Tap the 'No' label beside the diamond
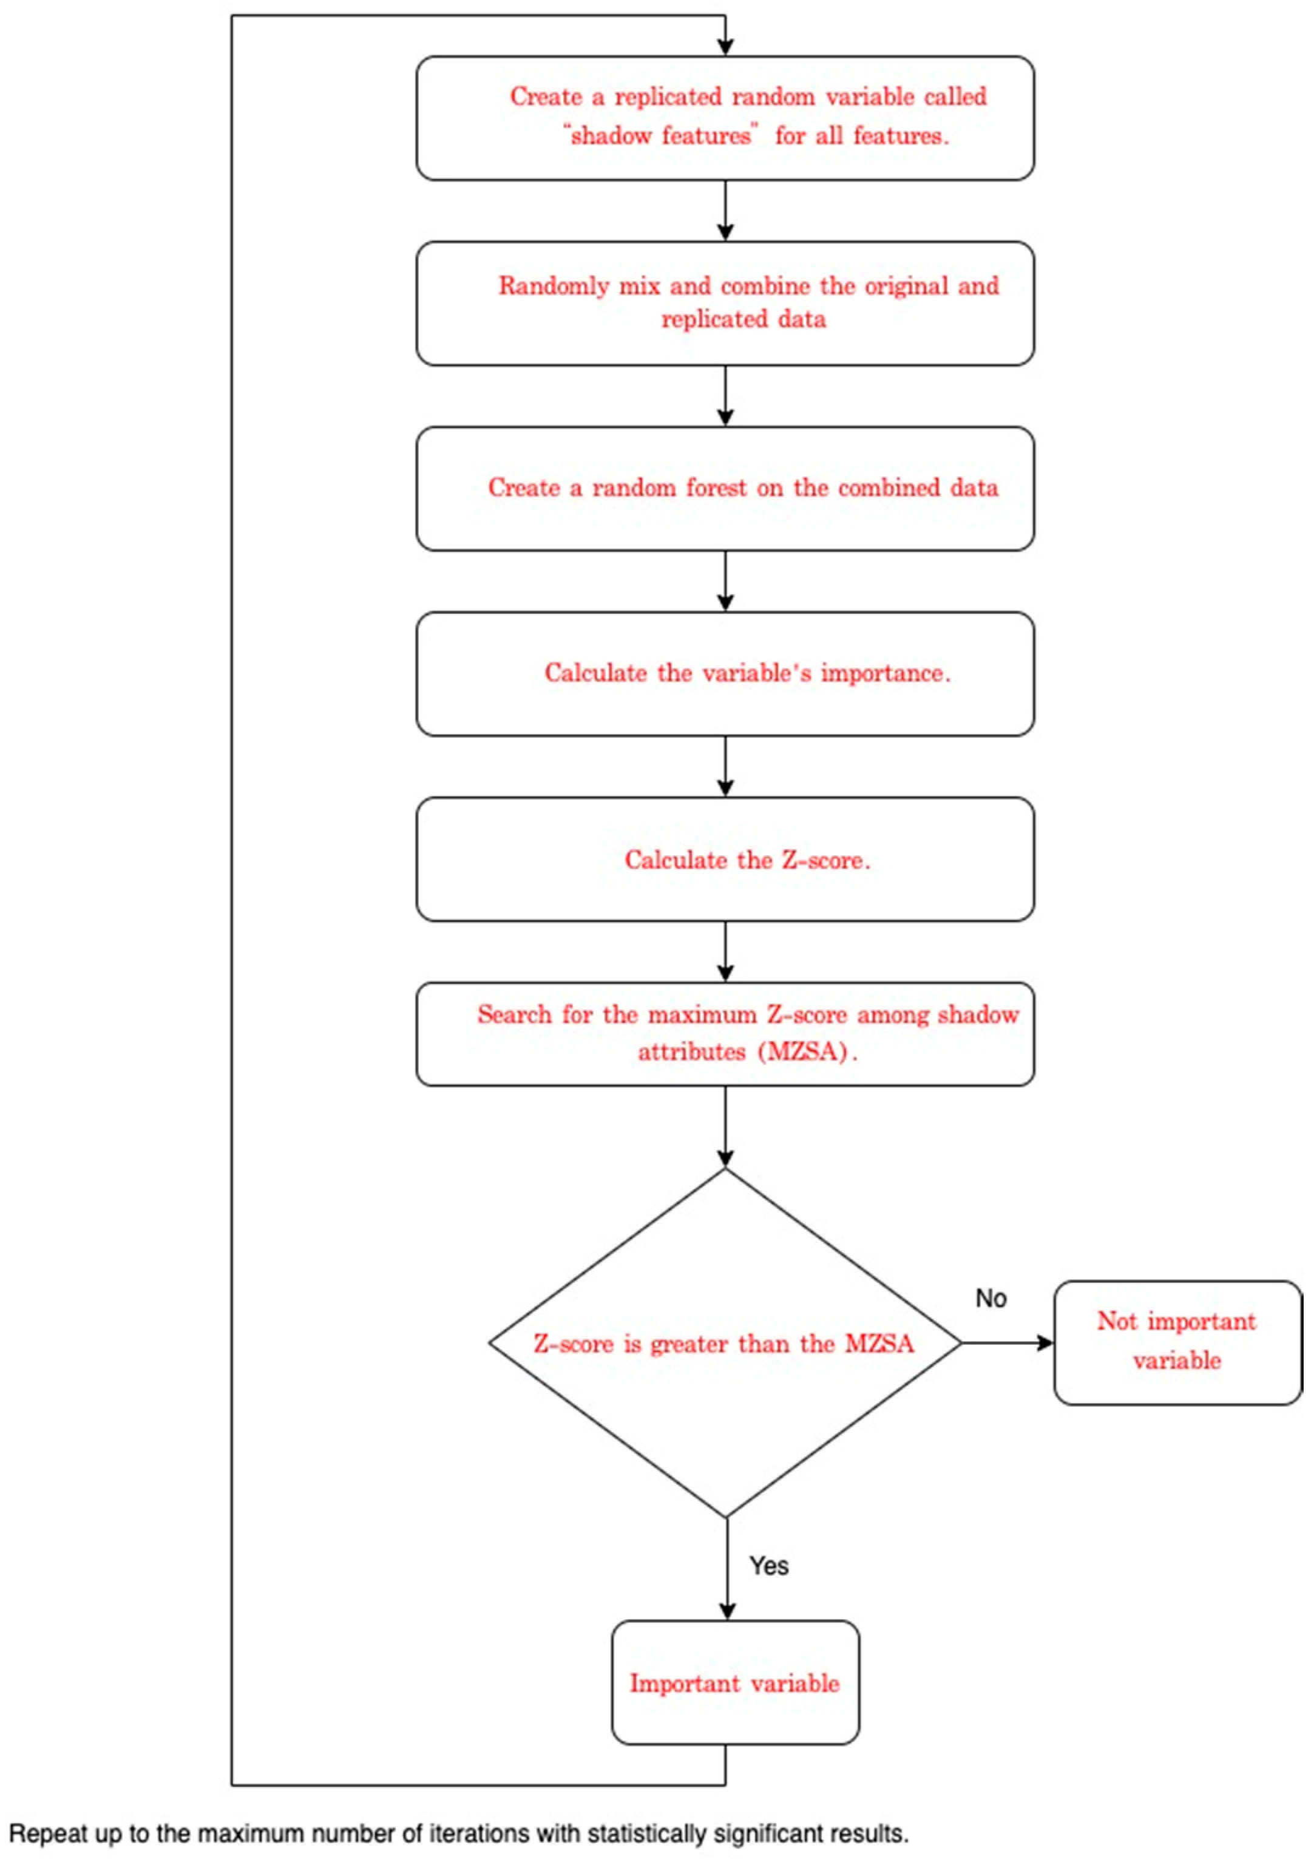point(991,1298)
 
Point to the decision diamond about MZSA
point(725,1344)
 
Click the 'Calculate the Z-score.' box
point(725,859)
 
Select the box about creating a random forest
point(725,488)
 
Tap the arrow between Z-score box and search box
point(726,951)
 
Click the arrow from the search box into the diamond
point(726,1126)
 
